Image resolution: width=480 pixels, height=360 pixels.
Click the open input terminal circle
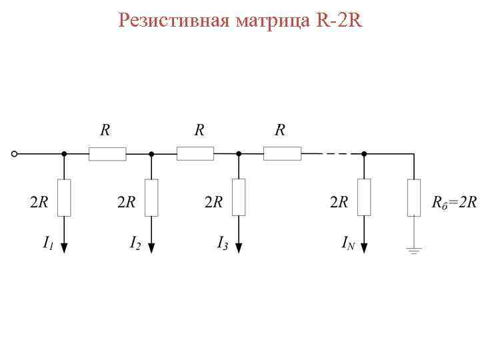15,154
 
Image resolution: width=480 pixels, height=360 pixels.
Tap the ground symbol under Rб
415,251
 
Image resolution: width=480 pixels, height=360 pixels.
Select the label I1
49,243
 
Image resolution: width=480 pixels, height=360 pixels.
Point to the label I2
135,243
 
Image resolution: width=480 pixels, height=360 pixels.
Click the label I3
223,243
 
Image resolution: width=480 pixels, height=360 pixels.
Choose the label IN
348,243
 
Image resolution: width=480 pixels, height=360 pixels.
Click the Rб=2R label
454,202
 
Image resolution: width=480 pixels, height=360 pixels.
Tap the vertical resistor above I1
64,197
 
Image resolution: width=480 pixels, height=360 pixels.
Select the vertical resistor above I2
151,197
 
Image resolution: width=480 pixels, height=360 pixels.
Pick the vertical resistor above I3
239,197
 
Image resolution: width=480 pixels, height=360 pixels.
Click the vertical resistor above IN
364,197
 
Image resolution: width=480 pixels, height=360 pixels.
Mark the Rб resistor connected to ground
415,197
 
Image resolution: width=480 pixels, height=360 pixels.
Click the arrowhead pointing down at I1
64,247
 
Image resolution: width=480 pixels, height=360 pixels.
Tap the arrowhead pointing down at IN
364,247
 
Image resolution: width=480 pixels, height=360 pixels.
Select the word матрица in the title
273,21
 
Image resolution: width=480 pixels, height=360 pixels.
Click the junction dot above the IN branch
364,154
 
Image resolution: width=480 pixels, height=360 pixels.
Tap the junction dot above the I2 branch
151,154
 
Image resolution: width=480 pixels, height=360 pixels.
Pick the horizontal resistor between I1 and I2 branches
107,154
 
